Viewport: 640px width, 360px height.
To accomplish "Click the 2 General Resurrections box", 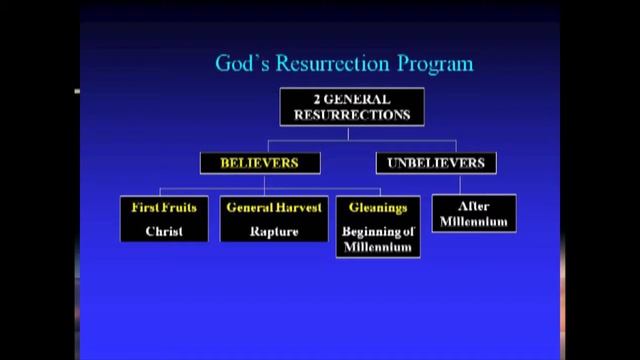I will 351,107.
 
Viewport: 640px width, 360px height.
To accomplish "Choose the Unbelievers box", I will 436,162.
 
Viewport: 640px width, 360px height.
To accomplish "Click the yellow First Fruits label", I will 164,208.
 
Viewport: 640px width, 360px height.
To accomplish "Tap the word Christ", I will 164,231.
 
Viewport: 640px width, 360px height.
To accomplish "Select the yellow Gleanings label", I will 377,208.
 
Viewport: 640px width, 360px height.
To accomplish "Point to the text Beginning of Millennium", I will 377,240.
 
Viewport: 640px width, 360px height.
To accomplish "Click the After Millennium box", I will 474,213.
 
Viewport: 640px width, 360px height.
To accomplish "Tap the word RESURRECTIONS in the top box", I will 351,115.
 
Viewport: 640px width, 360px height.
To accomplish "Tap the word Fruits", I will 180,208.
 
